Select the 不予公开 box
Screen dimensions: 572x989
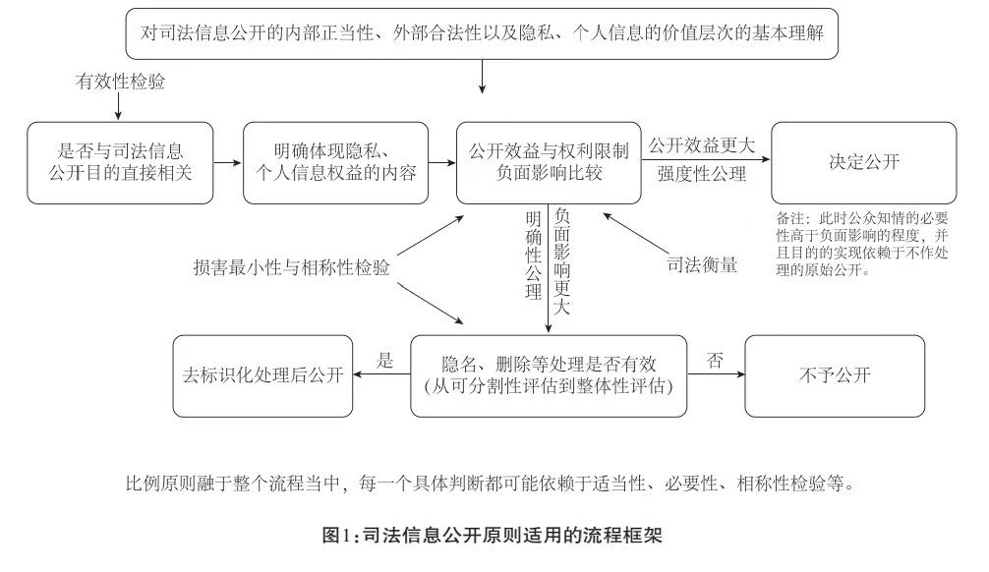click(835, 375)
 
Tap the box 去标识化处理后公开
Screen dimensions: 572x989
click(262, 375)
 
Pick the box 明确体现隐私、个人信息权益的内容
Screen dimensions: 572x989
click(335, 163)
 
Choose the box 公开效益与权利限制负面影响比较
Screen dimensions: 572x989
click(549, 163)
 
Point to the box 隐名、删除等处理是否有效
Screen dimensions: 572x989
click(548, 375)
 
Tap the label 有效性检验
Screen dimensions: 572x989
click(121, 83)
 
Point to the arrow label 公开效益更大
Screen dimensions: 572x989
click(701, 145)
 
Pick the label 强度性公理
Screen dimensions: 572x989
click(701, 177)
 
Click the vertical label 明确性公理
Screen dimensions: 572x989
click(533, 254)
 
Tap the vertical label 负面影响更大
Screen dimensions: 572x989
click(561, 259)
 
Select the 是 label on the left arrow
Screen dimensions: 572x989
click(385, 361)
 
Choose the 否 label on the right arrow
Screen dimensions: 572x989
click(715, 360)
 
